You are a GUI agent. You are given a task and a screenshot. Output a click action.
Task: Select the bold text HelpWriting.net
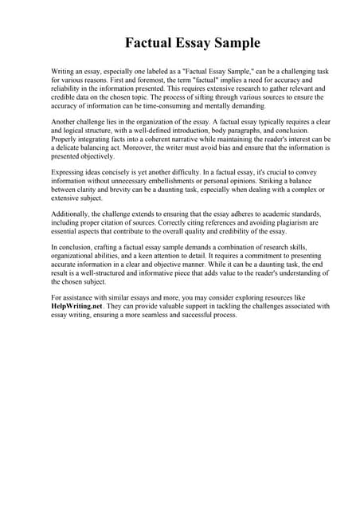click(x=78, y=305)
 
